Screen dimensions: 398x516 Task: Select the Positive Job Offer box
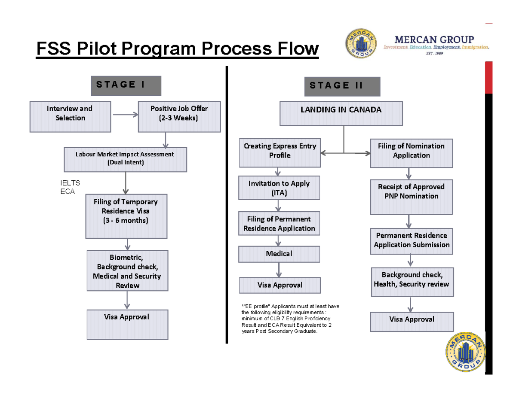click(179, 116)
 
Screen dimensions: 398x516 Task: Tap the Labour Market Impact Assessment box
click(125, 160)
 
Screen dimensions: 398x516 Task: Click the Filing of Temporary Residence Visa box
click(127, 216)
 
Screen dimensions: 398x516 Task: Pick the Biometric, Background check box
click(127, 271)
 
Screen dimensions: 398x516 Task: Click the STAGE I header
click(126, 85)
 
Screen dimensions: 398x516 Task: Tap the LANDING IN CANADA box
click(341, 113)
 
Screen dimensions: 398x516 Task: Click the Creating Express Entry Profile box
click(279, 153)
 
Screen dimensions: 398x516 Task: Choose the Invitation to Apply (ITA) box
click(279, 188)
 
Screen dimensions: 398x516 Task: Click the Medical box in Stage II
click(279, 254)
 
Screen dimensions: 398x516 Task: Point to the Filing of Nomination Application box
click(411, 153)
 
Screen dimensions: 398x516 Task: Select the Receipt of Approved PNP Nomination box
click(411, 197)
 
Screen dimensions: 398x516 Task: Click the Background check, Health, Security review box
click(412, 282)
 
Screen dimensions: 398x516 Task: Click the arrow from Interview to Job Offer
click(125, 115)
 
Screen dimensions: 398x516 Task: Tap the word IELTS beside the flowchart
click(70, 183)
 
